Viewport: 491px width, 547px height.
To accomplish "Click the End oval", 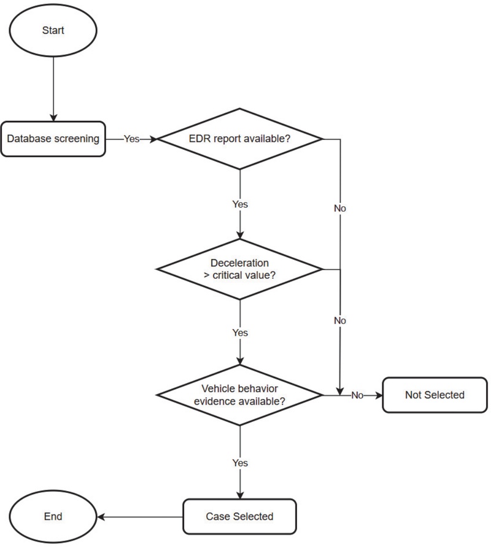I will pyautogui.click(x=53, y=516).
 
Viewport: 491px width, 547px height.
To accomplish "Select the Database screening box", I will pyautogui.click(x=53, y=139).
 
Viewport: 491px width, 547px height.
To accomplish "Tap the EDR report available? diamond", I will pyautogui.click(x=240, y=139).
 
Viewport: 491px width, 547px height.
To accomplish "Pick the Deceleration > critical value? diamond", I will pyautogui.click(x=240, y=269).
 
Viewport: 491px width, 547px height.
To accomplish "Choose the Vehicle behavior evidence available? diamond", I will pyautogui.click(x=240, y=394).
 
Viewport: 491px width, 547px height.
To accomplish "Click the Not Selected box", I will pyautogui.click(x=435, y=395).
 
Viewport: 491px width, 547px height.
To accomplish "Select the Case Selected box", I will pyautogui.click(x=240, y=516).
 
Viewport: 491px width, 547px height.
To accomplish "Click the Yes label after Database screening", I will pyautogui.click(x=132, y=139).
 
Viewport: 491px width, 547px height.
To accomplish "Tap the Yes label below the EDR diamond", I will pyautogui.click(x=240, y=203).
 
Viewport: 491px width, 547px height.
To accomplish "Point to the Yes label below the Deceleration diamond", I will pyautogui.click(x=240, y=332).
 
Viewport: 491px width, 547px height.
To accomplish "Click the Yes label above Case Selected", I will pyautogui.click(x=240, y=462).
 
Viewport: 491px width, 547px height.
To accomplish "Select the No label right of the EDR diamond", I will pyautogui.click(x=339, y=208).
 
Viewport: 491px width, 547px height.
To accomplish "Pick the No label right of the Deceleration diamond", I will pyautogui.click(x=339, y=320).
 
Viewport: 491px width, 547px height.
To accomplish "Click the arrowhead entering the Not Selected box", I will pyautogui.click(x=378, y=395).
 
